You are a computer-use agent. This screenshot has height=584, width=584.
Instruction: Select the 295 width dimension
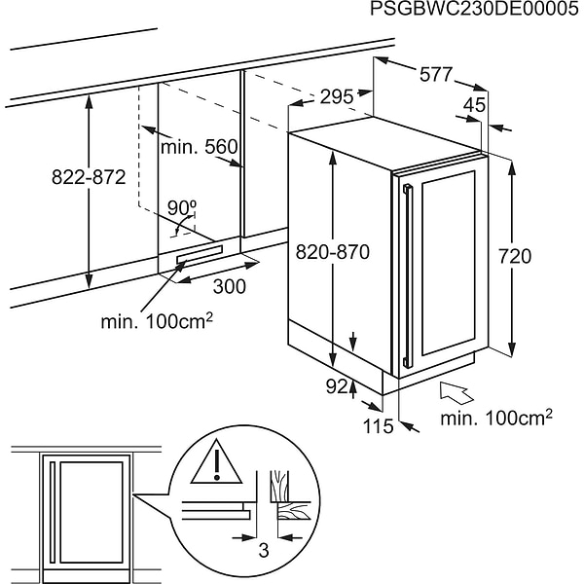(x=336, y=96)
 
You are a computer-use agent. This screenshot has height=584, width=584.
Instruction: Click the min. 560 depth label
(x=200, y=147)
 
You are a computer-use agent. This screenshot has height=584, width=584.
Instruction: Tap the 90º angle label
(x=181, y=206)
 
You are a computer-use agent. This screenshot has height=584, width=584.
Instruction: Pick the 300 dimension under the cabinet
(x=228, y=286)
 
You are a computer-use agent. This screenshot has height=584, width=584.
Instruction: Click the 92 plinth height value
(x=337, y=386)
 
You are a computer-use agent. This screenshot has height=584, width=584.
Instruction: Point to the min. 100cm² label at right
(x=496, y=418)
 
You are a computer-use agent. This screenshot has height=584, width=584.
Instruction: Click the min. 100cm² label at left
(x=157, y=320)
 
